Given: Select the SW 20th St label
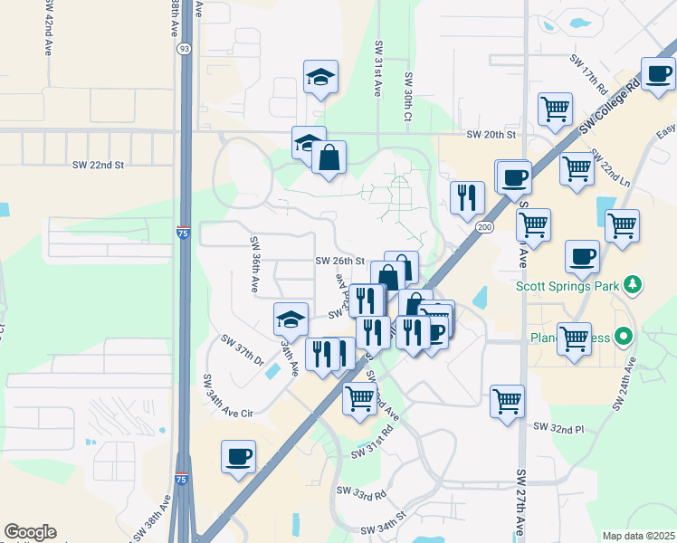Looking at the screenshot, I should (x=491, y=134).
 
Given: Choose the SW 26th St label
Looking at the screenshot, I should (x=339, y=261).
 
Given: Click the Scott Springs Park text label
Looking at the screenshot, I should (x=567, y=286).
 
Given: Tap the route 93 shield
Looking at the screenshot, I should (x=184, y=47).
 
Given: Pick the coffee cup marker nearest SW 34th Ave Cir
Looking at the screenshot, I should (x=238, y=455).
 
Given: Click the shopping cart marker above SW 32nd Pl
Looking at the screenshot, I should (x=508, y=400).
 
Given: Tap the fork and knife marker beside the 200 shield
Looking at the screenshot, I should (x=467, y=196).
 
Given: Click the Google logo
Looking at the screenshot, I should (x=30, y=532).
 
